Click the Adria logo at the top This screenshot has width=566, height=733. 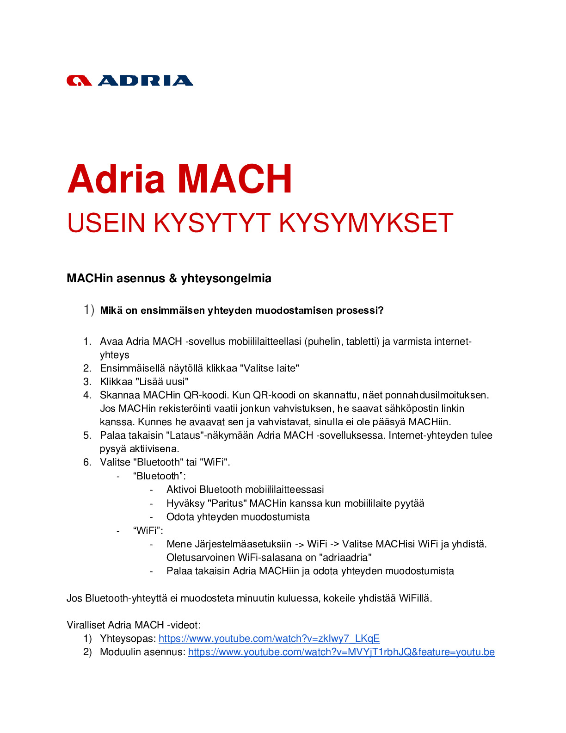tap(129, 81)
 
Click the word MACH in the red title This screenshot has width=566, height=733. tap(235, 179)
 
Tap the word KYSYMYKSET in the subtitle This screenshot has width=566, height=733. tap(366, 223)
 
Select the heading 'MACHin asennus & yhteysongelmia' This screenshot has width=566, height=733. tap(169, 278)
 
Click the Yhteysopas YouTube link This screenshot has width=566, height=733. tap(269, 639)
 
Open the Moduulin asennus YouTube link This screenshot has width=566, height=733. tap(341, 652)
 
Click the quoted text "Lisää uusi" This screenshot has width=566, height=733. tap(162, 382)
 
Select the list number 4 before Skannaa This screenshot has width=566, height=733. tap(87, 395)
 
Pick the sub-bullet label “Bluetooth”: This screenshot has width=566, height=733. tap(159, 476)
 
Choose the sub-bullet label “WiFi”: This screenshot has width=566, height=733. tap(148, 530)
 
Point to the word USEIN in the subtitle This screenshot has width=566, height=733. tap(106, 223)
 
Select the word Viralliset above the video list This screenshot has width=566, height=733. tap(86, 625)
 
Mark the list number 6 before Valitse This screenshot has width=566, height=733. tap(87, 462)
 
